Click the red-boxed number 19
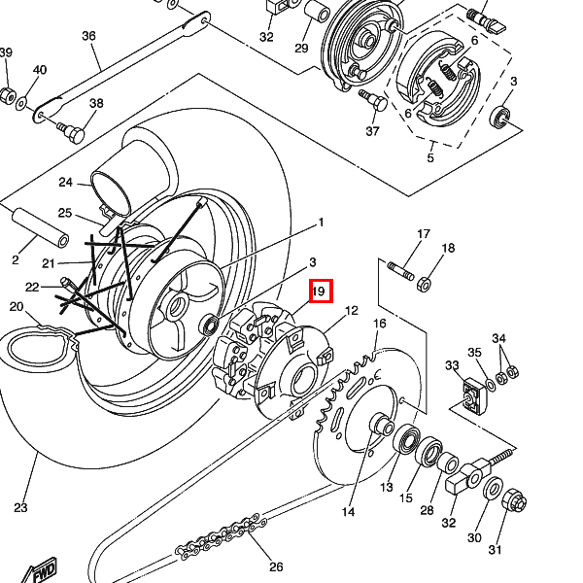(320, 291)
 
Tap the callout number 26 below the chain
(276, 567)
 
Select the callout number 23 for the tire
(20, 507)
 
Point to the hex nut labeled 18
(424, 285)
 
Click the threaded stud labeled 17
(401, 268)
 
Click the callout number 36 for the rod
(88, 36)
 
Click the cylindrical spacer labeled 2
(40, 226)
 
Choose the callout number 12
(351, 311)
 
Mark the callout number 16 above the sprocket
(380, 324)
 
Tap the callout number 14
(348, 511)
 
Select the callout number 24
(66, 183)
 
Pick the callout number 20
(17, 307)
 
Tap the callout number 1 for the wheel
(321, 223)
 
